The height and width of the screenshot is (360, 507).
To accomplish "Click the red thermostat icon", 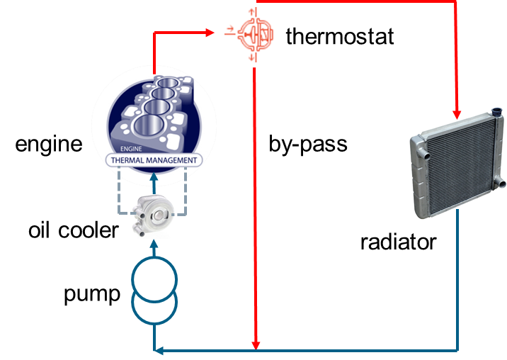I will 251,33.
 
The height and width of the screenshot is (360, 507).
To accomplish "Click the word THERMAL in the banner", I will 132,160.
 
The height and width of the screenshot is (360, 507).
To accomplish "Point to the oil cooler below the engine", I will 154,215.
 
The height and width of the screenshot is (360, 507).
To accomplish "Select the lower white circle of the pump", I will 154,305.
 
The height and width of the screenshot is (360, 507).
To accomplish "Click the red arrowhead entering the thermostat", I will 210,33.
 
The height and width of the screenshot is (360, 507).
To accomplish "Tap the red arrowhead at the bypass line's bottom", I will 256,344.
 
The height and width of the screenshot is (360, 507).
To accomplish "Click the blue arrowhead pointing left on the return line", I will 160,350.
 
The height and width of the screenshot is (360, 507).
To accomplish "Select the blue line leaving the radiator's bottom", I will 458,283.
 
